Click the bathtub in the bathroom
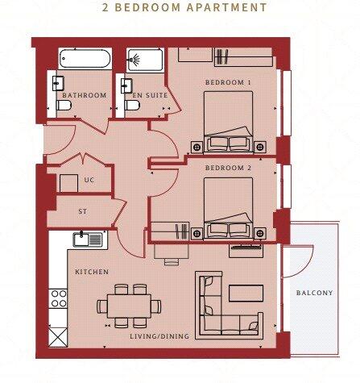tap(85, 59)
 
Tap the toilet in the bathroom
tap(64, 105)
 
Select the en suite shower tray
tap(145, 60)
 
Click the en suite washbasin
tap(126, 85)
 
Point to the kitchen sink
tap(88, 239)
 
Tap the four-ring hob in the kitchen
tap(59, 298)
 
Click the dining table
tap(129, 306)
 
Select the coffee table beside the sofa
tap(246, 293)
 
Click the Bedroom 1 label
tap(228, 82)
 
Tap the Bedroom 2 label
tap(228, 168)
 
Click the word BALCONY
tap(314, 293)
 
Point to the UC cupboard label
tap(89, 180)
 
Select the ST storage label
tap(83, 211)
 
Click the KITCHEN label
tap(92, 272)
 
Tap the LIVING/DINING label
tap(159, 336)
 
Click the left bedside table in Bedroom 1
tap(197, 147)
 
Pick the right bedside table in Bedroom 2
tap(260, 233)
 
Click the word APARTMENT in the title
tap(227, 7)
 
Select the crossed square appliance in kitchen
tap(58, 337)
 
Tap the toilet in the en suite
tap(132, 105)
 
